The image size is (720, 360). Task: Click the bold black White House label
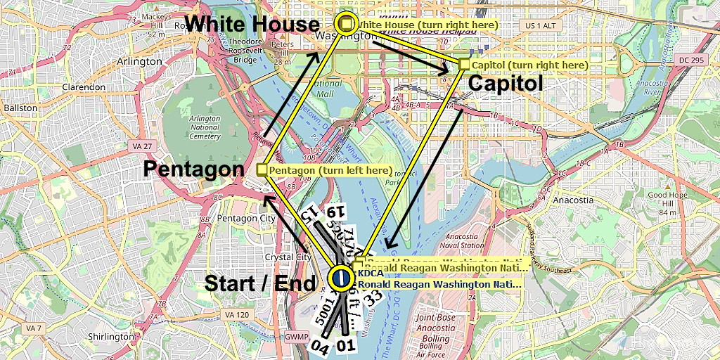tap(252, 24)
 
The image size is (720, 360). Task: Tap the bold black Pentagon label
tap(193, 169)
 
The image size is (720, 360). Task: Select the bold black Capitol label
tap(505, 83)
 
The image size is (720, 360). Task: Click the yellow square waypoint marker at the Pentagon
tap(262, 169)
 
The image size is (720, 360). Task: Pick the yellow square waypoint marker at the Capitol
tap(464, 64)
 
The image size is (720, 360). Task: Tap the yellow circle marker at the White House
tap(345, 22)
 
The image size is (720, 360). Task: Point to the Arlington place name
tap(139, 61)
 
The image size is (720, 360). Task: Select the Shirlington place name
tap(111, 337)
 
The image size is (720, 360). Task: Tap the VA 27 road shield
tap(142, 146)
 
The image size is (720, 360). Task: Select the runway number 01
tap(345, 345)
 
